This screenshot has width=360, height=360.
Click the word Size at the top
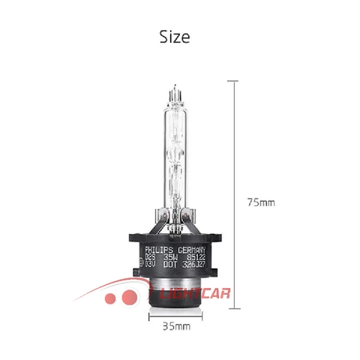coord(175,36)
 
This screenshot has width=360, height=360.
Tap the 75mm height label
coord(261,202)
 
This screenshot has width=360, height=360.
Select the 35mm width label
coord(177,326)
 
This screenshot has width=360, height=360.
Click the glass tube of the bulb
coord(178,150)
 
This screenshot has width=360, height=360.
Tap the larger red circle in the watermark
coord(127,299)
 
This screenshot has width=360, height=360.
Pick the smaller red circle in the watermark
coord(110,298)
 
